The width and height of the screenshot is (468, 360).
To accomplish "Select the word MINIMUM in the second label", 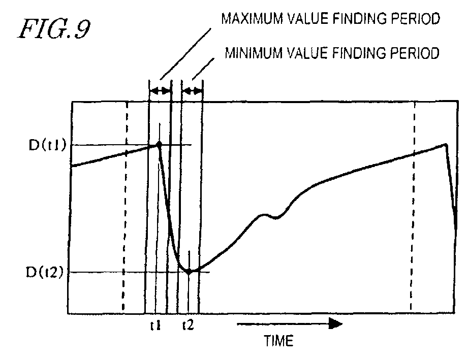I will coord(246,53).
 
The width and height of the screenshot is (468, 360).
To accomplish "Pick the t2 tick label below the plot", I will coord(188,326).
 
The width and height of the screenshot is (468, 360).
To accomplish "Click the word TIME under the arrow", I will coord(278,341).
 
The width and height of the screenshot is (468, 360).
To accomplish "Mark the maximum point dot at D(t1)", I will coord(159,145).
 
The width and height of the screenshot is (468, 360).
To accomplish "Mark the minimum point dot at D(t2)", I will coord(189,271).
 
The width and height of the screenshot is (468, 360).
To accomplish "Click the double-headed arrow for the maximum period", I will coord(160,91).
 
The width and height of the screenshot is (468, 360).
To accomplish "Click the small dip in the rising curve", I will coord(276,217).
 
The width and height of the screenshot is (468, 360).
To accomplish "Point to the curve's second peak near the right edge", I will coord(446,144).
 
